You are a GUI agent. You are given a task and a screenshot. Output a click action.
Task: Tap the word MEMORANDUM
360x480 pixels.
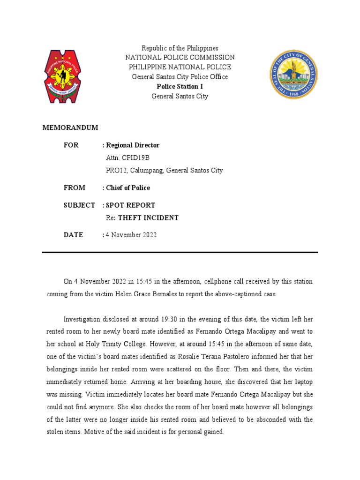click(x=70, y=127)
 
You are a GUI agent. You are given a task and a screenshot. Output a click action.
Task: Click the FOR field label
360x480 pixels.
click(x=71, y=145)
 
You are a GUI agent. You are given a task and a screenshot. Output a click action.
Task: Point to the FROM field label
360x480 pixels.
click(x=75, y=188)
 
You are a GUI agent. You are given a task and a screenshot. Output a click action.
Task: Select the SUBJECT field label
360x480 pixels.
click(x=79, y=205)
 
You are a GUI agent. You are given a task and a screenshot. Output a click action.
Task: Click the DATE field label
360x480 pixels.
click(x=73, y=235)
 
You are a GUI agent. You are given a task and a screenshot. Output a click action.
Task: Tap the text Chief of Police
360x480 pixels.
click(x=128, y=188)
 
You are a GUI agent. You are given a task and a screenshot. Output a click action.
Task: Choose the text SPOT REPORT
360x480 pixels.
click(x=130, y=205)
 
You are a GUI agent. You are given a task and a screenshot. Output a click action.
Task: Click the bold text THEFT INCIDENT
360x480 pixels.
click(x=148, y=218)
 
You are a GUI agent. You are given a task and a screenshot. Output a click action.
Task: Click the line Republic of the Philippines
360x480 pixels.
click(x=180, y=48)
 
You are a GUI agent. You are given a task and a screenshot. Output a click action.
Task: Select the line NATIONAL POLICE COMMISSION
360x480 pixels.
click(x=180, y=57)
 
